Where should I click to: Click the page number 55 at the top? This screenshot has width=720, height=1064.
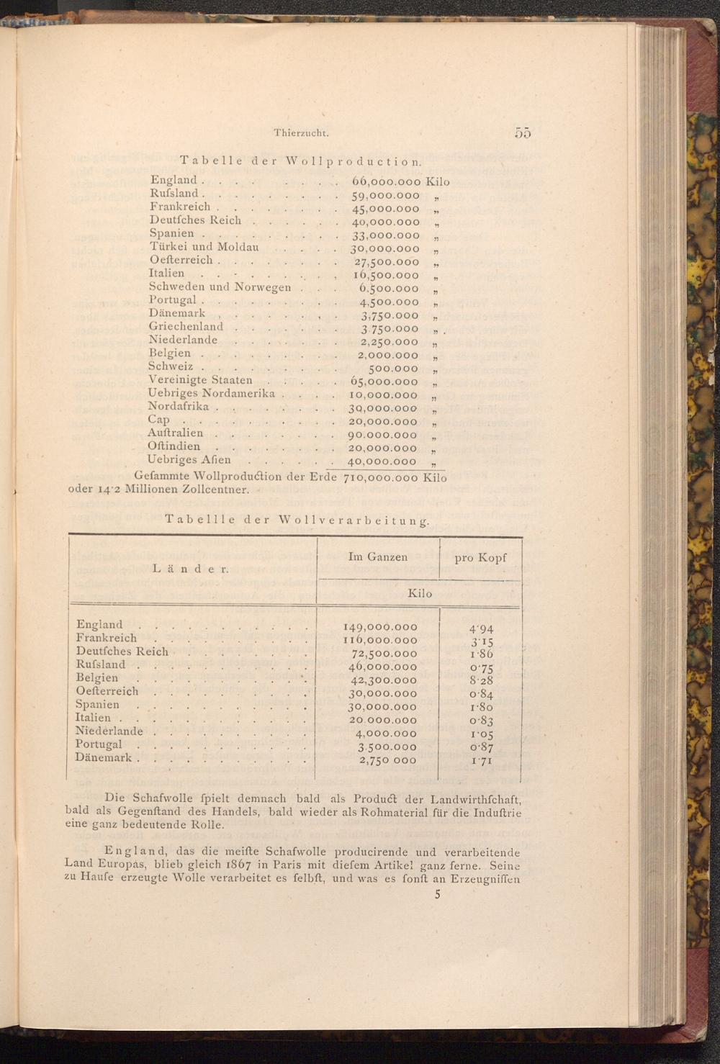(523, 132)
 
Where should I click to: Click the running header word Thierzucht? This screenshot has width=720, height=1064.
(302, 132)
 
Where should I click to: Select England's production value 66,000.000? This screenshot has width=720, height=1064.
(386, 181)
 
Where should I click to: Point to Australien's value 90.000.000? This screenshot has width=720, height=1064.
(383, 435)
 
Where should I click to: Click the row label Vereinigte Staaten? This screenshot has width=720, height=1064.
(200, 380)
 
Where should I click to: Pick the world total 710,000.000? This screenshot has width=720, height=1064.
(382, 477)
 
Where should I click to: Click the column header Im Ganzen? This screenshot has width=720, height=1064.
(377, 556)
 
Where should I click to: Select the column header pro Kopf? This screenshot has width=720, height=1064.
(480, 557)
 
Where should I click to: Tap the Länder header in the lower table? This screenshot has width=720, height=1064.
(191, 569)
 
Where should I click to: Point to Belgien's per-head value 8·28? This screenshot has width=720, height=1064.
(481, 680)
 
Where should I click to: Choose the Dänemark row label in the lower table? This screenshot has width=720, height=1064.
(104, 757)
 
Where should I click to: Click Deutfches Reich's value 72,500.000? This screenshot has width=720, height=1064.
(384, 654)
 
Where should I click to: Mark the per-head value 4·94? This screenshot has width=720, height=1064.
(481, 628)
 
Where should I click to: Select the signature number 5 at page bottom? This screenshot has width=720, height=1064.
(437, 895)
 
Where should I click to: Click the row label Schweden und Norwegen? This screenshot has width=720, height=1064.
(220, 287)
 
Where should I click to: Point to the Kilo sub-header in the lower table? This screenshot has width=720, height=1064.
(420, 593)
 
